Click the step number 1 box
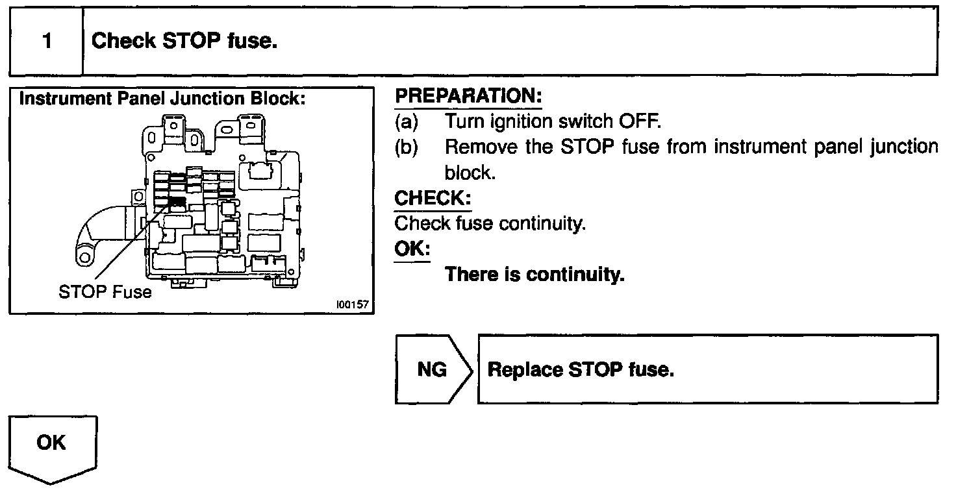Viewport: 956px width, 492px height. pos(46,42)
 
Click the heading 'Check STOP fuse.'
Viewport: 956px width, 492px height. pos(184,42)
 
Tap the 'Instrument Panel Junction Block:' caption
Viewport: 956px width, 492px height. pos(162,99)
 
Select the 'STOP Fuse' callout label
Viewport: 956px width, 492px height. pos(105,292)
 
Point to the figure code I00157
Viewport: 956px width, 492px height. pos(352,304)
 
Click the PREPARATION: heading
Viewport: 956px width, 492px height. pos(468,97)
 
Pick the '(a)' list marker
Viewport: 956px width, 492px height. pos(407,121)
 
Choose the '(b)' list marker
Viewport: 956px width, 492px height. pos(407,147)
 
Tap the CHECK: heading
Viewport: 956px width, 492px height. pos(433,197)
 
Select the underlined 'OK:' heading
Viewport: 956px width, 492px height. pos(412,249)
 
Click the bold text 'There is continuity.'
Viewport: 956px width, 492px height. pos(535,275)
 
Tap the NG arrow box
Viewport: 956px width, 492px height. pos(432,369)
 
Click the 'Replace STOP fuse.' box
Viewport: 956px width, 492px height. pos(708,369)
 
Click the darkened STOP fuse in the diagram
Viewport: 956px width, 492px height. pos(177,203)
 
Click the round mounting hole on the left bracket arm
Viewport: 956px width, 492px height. pos(85,258)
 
